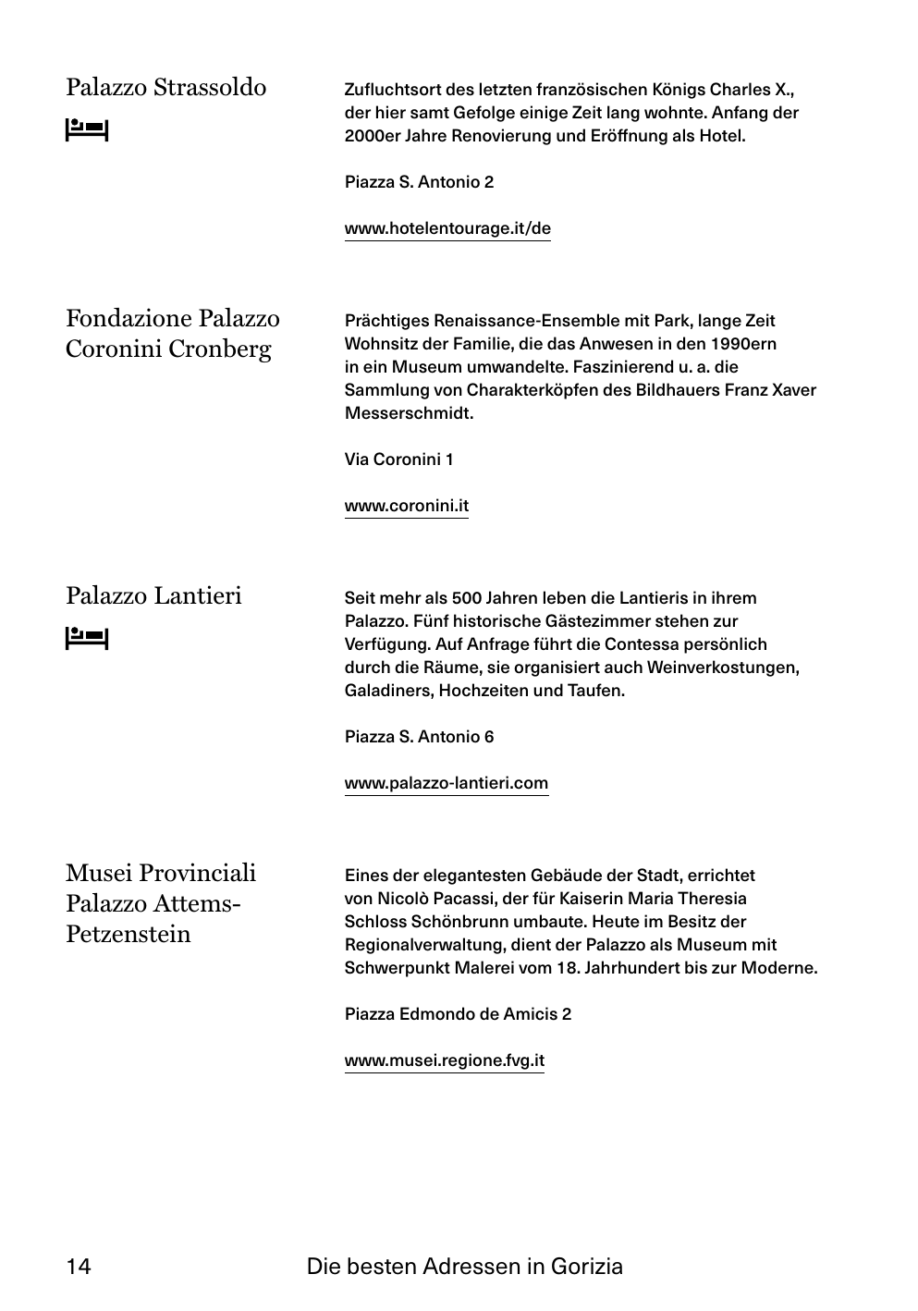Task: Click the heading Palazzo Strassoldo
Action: coord(165,88)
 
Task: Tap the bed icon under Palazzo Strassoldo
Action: coord(87,130)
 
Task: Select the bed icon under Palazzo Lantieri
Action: coord(87,638)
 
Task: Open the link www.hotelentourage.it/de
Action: coord(447,228)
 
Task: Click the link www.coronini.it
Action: coord(407,506)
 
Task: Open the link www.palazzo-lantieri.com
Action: coord(447,783)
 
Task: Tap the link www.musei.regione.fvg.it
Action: coord(445,1060)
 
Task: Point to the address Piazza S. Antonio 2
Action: coord(419,182)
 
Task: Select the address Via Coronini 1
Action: coord(398,459)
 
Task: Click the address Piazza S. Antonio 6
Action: coord(419,737)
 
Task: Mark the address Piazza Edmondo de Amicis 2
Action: coord(458,1014)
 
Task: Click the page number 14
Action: coord(79,1267)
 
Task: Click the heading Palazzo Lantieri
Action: coord(153,595)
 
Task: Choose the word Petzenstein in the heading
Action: coord(129,934)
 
